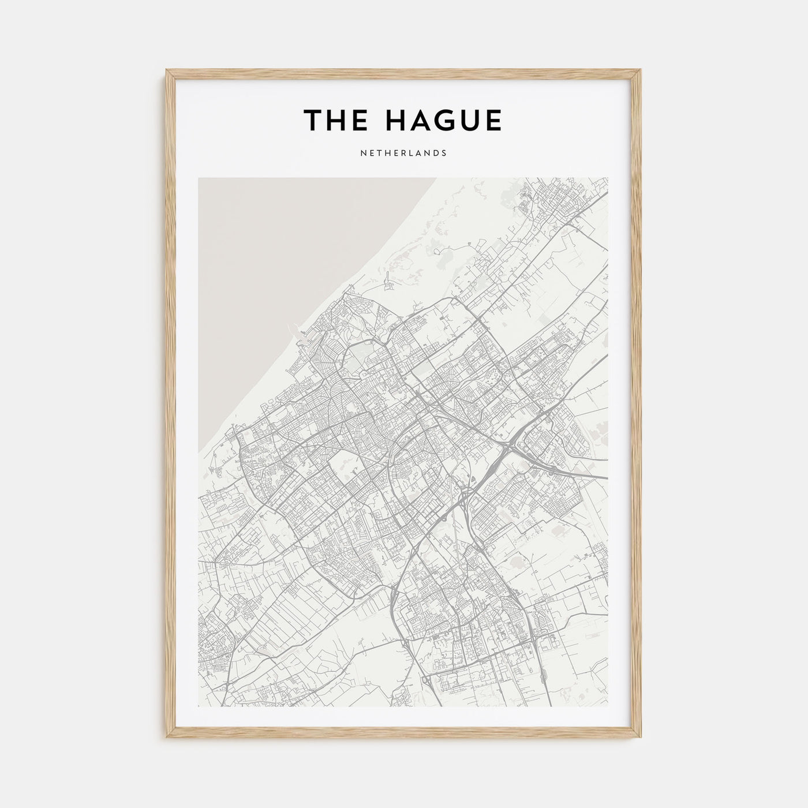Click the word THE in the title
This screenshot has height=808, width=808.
[x=333, y=120]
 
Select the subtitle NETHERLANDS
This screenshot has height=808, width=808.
[x=403, y=154]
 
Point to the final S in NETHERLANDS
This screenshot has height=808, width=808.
[x=444, y=154]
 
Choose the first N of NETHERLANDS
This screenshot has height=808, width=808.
[x=363, y=154]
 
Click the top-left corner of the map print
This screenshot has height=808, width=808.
[x=199, y=178]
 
